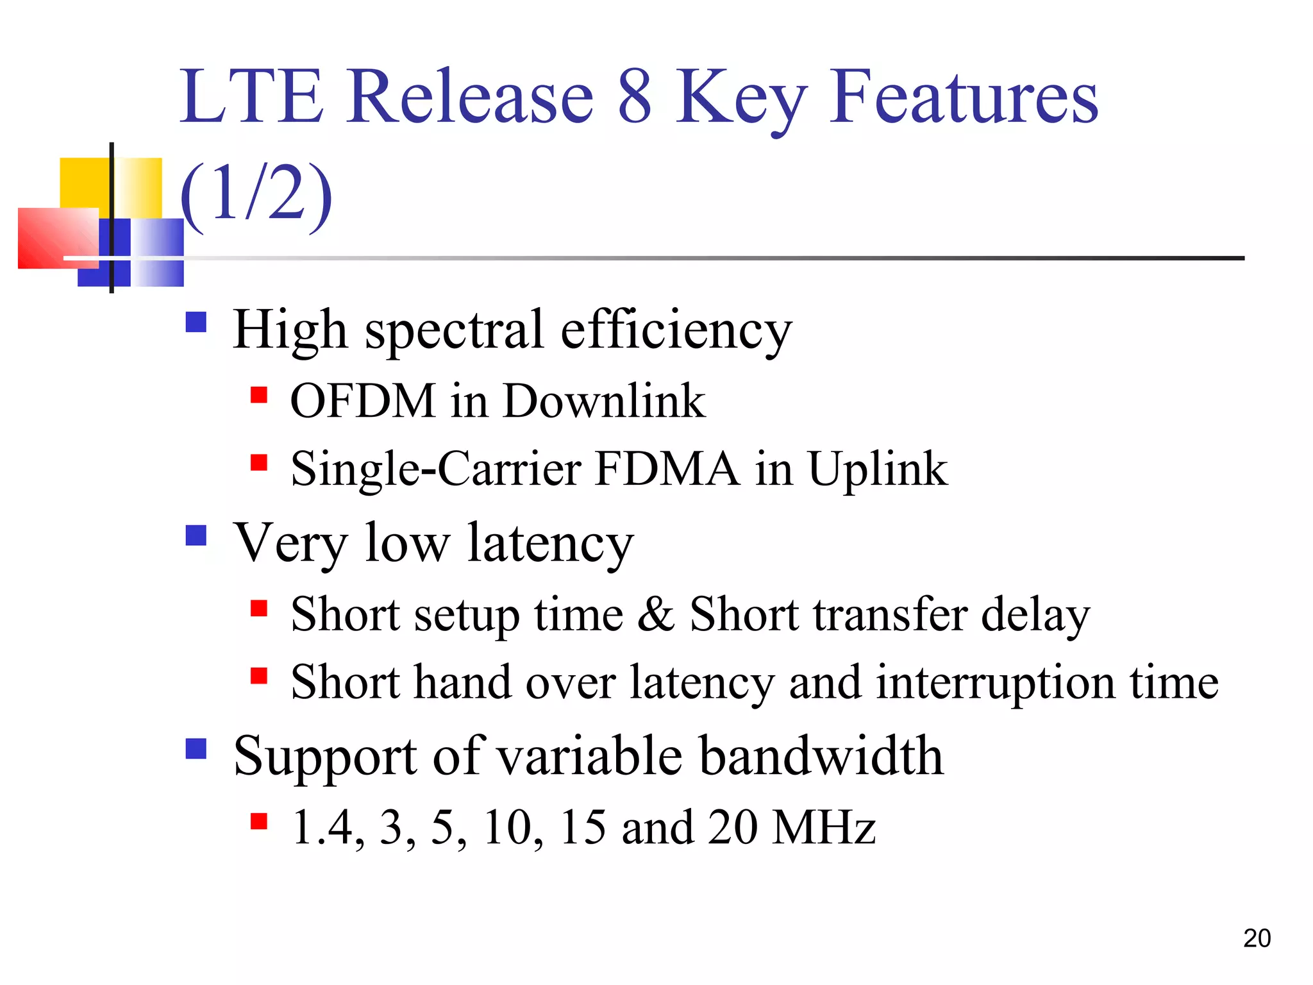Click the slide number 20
pos(1256,938)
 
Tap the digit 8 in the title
pos(635,97)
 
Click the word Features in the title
pos(964,97)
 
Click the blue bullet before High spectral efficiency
pos(196,322)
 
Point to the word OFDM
pos(363,401)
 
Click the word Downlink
pos(604,401)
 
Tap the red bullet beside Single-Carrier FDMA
pos(259,462)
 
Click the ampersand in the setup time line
pos(655,614)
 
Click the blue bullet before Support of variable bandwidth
pos(196,748)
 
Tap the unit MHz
pos(823,827)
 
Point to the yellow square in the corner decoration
pos(83,183)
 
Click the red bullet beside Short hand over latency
pos(259,676)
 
